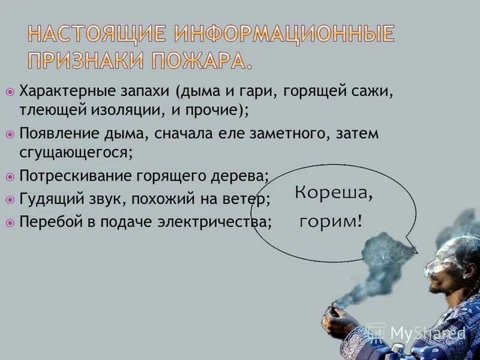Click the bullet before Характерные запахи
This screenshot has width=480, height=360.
pyautogui.click(x=10, y=91)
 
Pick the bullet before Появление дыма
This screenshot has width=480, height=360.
pyautogui.click(x=10, y=133)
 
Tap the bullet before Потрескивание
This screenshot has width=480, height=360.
pyautogui.click(x=10, y=177)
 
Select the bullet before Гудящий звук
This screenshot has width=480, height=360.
pyautogui.click(x=10, y=199)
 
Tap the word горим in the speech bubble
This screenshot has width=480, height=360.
pyautogui.click(x=327, y=221)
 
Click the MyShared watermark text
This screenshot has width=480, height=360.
pyautogui.click(x=427, y=332)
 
